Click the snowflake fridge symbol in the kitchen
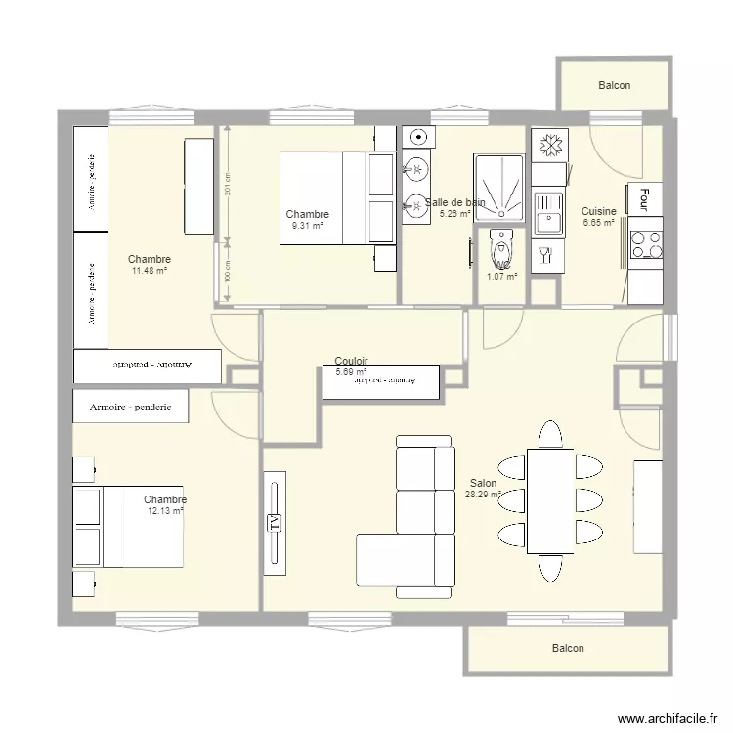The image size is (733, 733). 549,145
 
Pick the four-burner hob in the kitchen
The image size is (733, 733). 645,248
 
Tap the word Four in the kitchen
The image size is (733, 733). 644,199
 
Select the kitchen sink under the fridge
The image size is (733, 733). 548,212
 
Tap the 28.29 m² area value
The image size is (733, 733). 483,495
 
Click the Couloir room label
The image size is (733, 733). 351,361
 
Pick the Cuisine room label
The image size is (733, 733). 598,211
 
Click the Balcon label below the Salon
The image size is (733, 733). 568,649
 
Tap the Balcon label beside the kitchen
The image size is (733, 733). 614,86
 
